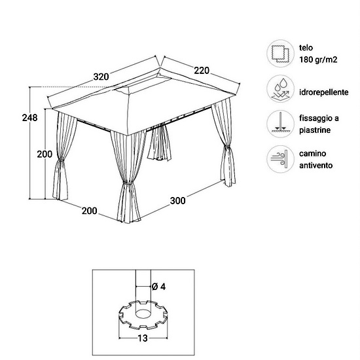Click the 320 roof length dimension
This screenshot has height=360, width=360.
101,77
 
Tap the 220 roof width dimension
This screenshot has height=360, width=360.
202,70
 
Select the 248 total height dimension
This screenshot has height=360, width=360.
29,118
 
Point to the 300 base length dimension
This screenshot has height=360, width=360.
177,201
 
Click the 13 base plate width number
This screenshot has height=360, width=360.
143,338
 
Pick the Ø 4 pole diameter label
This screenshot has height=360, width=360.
158,287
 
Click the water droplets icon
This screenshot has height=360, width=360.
280,89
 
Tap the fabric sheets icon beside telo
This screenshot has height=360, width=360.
280,54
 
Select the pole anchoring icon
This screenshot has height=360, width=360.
280,124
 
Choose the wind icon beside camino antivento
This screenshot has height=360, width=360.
280,159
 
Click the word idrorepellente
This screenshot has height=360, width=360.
324,92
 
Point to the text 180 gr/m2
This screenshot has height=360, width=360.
318,60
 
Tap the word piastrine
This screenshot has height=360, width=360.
315,130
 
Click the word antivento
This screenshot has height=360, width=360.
315,166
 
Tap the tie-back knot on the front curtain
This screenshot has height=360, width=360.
128,183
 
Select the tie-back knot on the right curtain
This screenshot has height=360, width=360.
226,147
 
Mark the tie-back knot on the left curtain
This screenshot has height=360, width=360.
60,160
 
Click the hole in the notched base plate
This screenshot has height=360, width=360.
143,314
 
